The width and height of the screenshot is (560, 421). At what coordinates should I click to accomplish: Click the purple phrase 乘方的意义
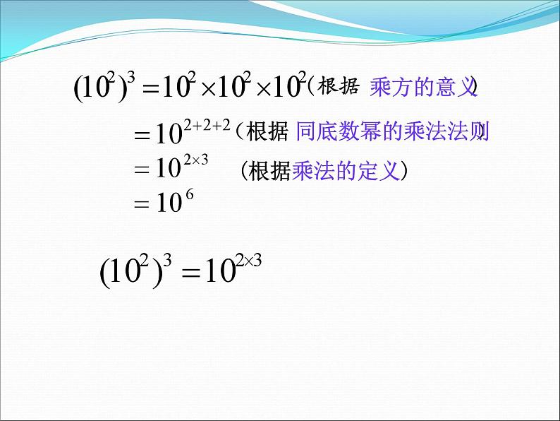[x=420, y=88]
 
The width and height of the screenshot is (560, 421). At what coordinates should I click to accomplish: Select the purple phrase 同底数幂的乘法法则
[x=392, y=131]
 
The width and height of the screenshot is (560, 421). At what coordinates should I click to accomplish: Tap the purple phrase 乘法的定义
[x=346, y=171]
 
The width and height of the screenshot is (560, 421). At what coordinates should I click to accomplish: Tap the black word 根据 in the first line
[x=341, y=88]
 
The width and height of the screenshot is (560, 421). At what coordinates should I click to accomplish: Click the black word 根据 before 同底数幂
[x=269, y=131]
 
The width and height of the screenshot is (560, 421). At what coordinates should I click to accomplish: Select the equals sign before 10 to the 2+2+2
[x=144, y=134]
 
